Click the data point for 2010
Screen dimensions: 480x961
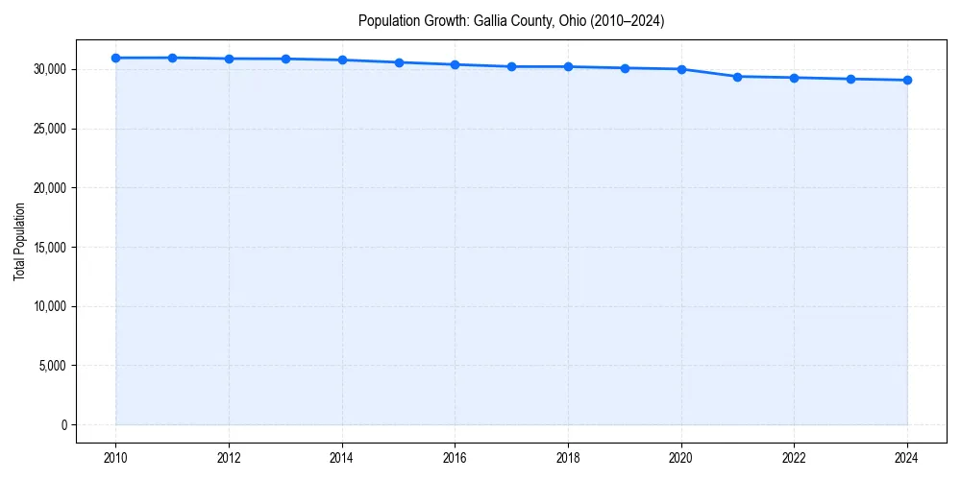[115, 58]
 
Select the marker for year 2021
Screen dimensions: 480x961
[737, 76]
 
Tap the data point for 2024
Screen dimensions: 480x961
[907, 80]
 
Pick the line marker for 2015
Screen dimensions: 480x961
[399, 62]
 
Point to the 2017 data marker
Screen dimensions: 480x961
[511, 66]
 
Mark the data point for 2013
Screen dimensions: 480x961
[285, 59]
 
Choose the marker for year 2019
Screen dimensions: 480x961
[625, 68]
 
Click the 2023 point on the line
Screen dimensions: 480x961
[850, 79]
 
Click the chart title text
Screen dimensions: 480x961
[511, 20]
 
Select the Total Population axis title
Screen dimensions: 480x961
[19, 241]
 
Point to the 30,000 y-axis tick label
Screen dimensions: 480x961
[48, 69]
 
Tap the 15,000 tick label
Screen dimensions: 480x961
[48, 247]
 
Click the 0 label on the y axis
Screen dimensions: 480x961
[64, 424]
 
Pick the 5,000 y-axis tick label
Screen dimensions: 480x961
[51, 365]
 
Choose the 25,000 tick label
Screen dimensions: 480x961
[48, 129]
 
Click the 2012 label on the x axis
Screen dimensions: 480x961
[229, 457]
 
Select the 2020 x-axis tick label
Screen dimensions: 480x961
[681, 457]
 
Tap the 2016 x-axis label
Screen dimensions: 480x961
[455, 457]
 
